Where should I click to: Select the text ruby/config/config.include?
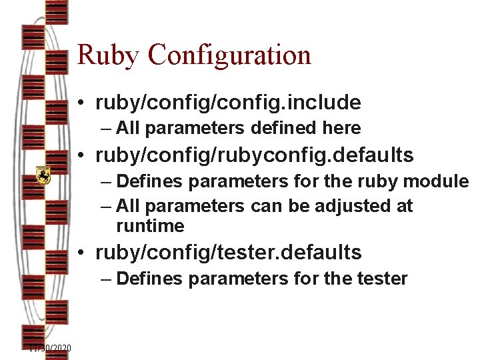[x=228, y=103]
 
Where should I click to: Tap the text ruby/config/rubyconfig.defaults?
[x=255, y=156]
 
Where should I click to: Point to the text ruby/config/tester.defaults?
[x=229, y=253]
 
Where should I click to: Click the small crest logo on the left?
[x=43, y=175]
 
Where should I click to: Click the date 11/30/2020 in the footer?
[x=51, y=348]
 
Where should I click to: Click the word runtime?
[x=150, y=226]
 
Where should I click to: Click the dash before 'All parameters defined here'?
[x=107, y=128]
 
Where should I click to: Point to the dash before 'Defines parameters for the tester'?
[x=107, y=278]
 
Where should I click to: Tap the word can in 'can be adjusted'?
[x=266, y=206]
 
